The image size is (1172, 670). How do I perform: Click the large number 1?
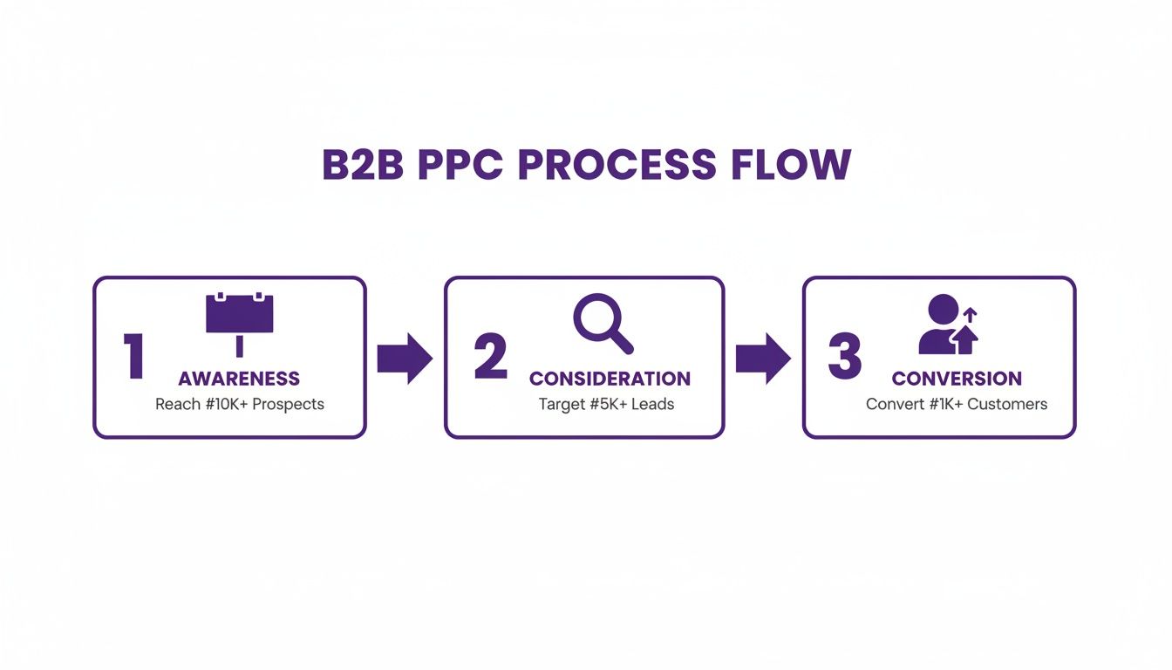click(133, 358)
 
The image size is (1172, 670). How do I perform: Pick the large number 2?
click(490, 358)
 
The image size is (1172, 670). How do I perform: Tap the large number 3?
click(844, 358)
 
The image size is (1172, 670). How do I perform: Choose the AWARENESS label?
click(239, 379)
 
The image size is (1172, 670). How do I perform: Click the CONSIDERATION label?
click(610, 379)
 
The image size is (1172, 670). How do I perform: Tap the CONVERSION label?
click(957, 379)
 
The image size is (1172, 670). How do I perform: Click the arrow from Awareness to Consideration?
click(405, 358)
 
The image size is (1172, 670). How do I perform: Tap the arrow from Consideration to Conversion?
click(763, 358)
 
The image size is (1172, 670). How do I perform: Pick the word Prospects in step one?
click(288, 405)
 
